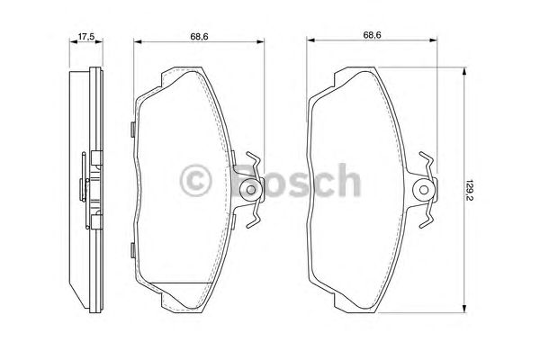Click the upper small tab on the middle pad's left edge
132,129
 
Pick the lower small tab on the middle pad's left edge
132,249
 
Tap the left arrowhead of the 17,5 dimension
72,42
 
